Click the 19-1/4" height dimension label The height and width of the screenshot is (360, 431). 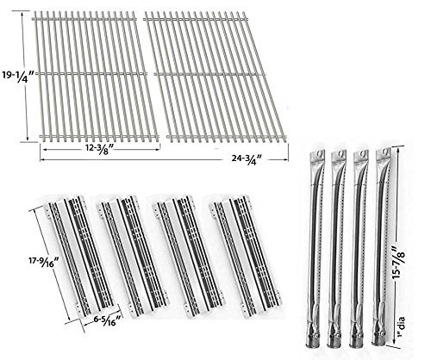[x=18, y=77]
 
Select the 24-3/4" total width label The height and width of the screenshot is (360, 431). [x=247, y=159]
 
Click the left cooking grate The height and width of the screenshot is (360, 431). [x=95, y=77]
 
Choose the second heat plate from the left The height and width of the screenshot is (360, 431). [x=134, y=257]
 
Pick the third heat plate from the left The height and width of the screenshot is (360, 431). [x=189, y=257]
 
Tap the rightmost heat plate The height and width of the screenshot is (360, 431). [x=245, y=257]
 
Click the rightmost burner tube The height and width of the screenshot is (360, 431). [x=382, y=247]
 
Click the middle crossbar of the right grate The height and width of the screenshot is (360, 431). [x=209, y=74]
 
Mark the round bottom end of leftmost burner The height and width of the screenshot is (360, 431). [x=316, y=344]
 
